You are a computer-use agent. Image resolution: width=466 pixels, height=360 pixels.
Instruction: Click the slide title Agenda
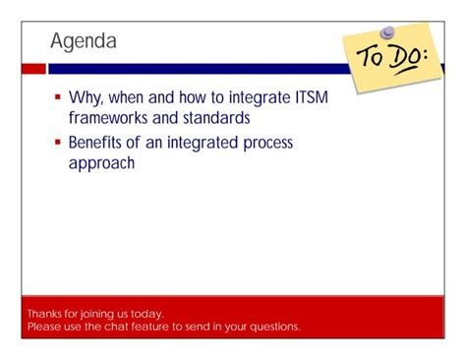tap(84, 41)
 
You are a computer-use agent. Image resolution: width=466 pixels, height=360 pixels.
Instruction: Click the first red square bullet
tap(58, 99)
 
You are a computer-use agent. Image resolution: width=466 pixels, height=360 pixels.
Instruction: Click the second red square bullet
tap(58, 143)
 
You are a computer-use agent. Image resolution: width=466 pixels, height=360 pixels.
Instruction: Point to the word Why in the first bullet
tap(86, 98)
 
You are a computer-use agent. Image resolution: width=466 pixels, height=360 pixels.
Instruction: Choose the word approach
tap(101, 163)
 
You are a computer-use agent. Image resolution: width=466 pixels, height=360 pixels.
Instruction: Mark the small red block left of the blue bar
tap(33, 69)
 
